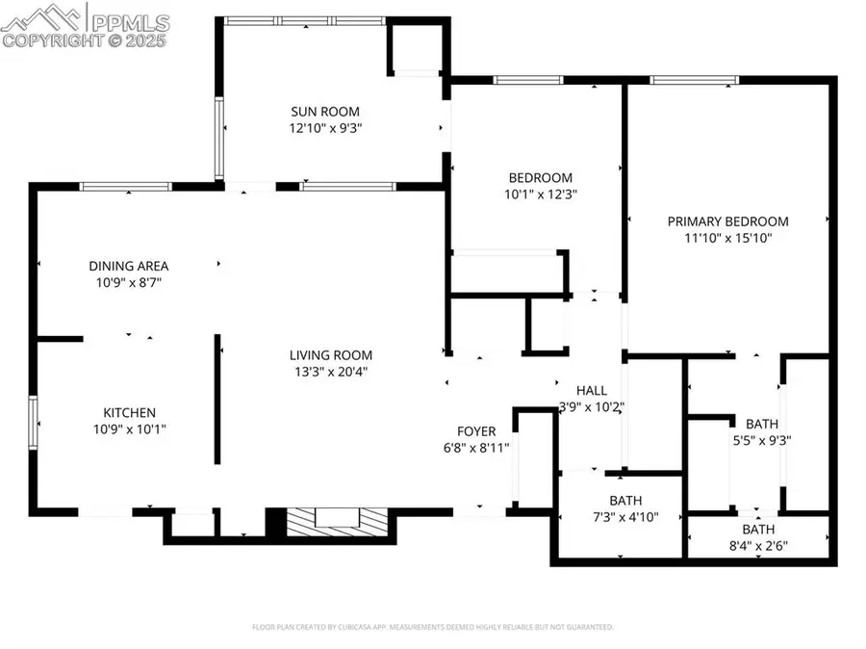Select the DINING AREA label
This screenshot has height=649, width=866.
pos(129,266)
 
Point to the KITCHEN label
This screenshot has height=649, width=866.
pos(129,412)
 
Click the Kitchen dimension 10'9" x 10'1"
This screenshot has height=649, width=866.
pos(129,429)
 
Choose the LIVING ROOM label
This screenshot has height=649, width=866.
pos(332,354)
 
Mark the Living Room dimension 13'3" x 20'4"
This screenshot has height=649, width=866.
pos(332,372)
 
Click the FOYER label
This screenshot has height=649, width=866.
pos(475,430)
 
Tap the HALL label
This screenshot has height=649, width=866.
pos(591,390)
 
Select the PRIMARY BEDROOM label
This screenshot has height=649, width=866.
pos(727,221)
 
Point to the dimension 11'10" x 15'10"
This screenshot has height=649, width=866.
pos(727,238)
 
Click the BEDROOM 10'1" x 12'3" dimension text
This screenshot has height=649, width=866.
pos(540,194)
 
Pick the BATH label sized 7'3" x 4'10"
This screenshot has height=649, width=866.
pos(624,500)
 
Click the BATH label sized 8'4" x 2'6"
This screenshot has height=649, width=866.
pos(758,529)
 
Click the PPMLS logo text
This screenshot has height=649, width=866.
pos(129,19)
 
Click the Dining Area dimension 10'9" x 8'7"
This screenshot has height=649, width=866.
pos(129,283)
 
